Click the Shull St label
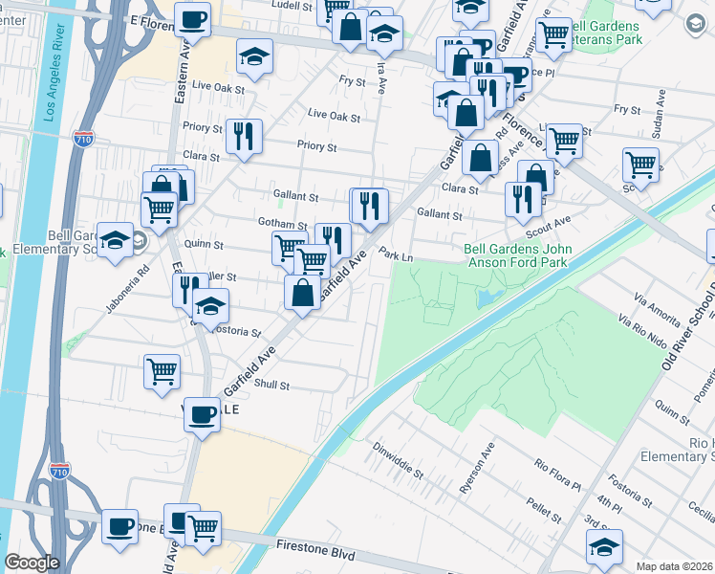point(271,386)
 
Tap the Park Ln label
point(396,256)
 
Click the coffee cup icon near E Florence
point(192,18)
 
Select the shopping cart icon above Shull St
point(162,370)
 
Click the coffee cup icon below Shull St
point(201,414)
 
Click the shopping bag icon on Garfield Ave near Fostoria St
point(302,292)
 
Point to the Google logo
point(32,563)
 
